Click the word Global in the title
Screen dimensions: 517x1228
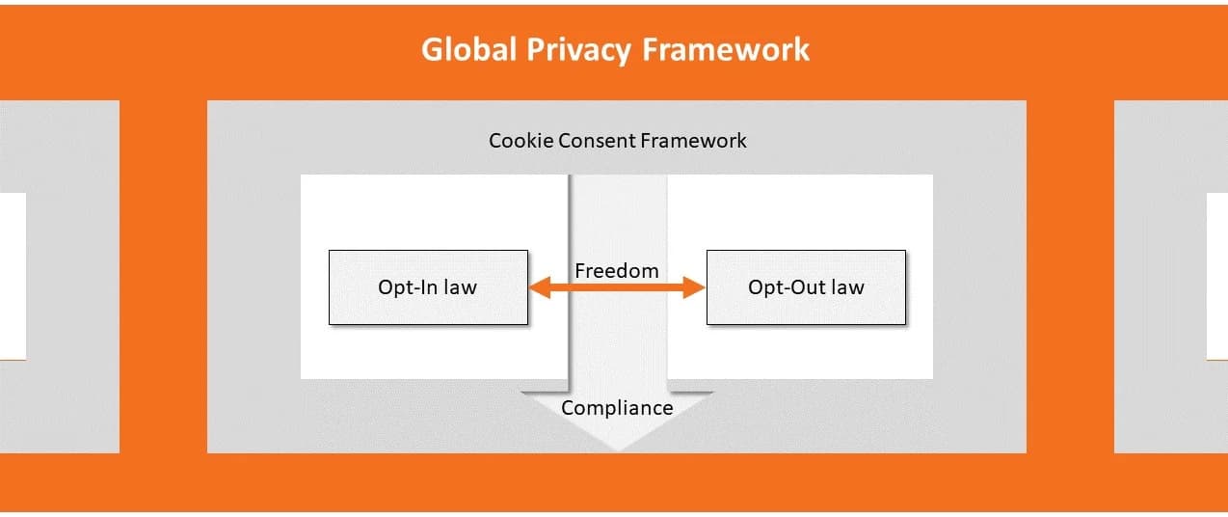469,50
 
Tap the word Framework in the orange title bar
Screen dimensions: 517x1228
726,50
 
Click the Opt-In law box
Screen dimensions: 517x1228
428,287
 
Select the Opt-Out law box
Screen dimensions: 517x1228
806,287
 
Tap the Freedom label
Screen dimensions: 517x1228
617,270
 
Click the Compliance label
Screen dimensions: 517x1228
617,407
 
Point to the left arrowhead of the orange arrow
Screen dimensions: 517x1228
537,287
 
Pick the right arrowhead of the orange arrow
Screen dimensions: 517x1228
697,287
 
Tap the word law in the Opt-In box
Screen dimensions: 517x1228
460,287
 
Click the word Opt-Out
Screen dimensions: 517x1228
785,287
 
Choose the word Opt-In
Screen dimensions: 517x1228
409,287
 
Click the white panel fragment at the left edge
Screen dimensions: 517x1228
13,276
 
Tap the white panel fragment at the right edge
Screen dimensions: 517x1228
1216,276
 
